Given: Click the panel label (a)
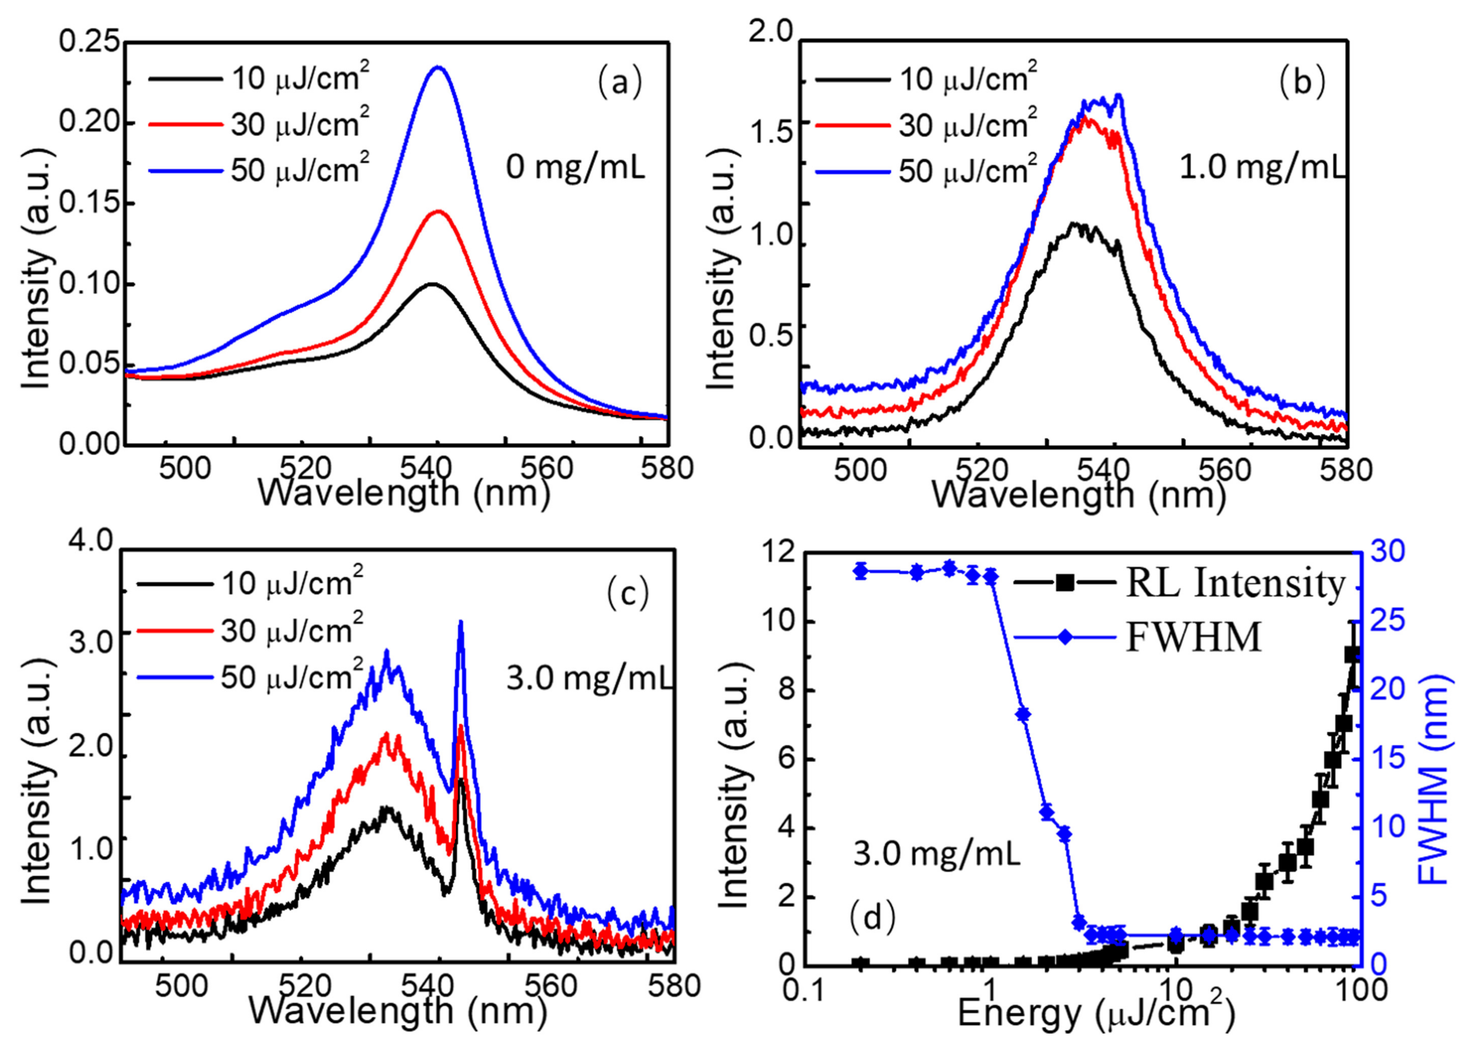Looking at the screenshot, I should point(620,84).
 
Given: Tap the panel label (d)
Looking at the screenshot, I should point(872,917).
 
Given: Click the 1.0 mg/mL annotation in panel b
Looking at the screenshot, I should point(1262,169).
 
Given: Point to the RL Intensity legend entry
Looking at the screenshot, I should point(1235,584).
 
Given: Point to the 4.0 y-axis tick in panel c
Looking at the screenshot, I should point(91,542).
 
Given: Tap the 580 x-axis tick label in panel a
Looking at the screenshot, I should point(667,468).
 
